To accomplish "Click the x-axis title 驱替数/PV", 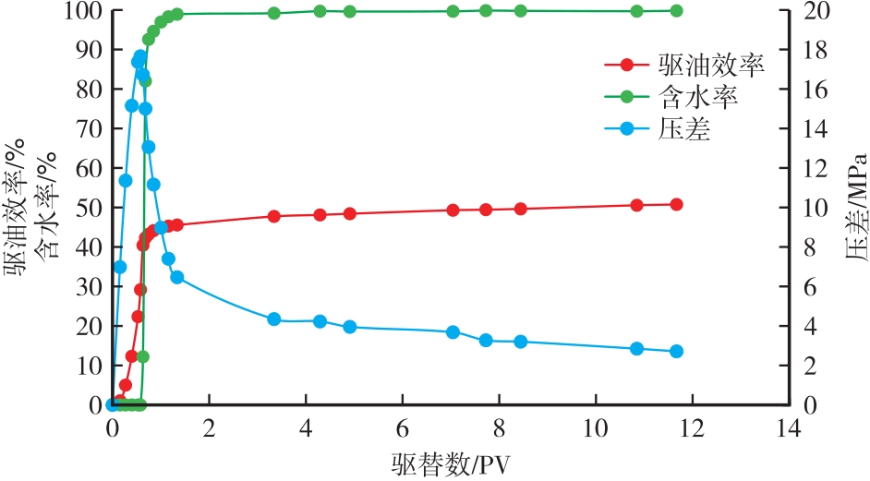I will pyautogui.click(x=450, y=463).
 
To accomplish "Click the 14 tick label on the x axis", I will pyautogui.click(x=788, y=428).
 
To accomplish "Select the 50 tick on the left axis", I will pyautogui.click(x=90, y=208).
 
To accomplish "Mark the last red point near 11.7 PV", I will pyautogui.click(x=676, y=204).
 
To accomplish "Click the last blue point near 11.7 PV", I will pyautogui.click(x=676, y=351).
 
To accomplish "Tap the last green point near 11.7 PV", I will pyautogui.click(x=676, y=11).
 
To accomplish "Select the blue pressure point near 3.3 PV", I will pyautogui.click(x=273, y=319).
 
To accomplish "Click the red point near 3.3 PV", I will pyautogui.click(x=273, y=216).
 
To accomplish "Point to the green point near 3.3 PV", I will pyautogui.click(x=273, y=13).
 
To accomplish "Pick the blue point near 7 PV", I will pyautogui.click(x=453, y=331).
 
